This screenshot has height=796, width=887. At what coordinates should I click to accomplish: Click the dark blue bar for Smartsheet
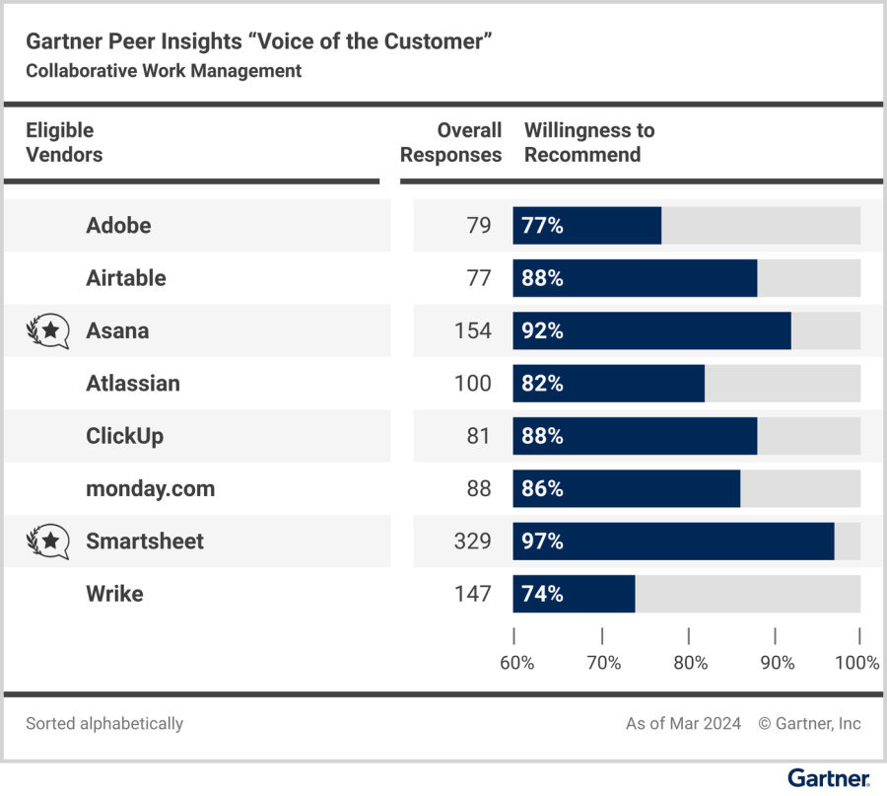pyautogui.click(x=673, y=542)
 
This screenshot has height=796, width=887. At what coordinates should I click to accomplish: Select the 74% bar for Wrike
pyautogui.click(x=574, y=594)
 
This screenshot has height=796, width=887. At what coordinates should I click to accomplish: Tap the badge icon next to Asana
pyautogui.click(x=48, y=331)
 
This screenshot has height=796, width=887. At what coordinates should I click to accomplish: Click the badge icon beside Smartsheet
pyautogui.click(x=48, y=542)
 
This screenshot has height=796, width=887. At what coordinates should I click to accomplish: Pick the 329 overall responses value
pyautogui.click(x=473, y=542)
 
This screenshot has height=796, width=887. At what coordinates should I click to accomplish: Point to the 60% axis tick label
pyautogui.click(x=516, y=663)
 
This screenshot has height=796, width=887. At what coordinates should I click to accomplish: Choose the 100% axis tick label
pyautogui.click(x=856, y=663)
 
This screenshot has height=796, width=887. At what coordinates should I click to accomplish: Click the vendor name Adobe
pyautogui.click(x=118, y=226)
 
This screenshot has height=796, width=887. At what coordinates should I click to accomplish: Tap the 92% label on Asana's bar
pyautogui.click(x=542, y=331)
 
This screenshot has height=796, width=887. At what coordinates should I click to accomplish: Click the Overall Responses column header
pyautogui.click(x=451, y=143)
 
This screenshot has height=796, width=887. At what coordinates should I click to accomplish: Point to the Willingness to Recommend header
pyautogui.click(x=589, y=143)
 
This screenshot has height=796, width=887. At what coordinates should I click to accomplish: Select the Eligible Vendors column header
pyautogui.click(x=64, y=143)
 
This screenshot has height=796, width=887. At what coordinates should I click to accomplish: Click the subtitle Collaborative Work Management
pyautogui.click(x=164, y=71)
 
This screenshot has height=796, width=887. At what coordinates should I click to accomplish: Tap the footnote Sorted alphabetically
pyautogui.click(x=104, y=724)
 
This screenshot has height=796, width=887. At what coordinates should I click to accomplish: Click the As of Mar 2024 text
pyautogui.click(x=683, y=724)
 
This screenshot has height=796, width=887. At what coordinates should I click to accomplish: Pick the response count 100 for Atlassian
pyautogui.click(x=472, y=384)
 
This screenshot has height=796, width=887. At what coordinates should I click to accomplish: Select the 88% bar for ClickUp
pyautogui.click(x=635, y=436)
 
